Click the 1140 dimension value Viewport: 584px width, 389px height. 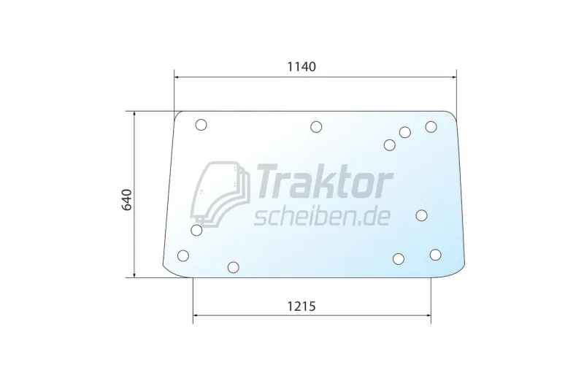[x=300, y=66]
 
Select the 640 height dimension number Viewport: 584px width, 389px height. [x=128, y=199]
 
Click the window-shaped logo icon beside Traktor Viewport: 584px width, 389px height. [x=220, y=191]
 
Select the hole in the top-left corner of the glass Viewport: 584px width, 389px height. [x=201, y=125]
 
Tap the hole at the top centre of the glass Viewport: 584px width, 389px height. [x=316, y=127]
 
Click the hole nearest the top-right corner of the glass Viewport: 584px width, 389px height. [x=431, y=127]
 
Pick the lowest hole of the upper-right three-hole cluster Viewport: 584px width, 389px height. [x=390, y=145]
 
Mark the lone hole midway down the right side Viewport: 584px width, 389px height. [x=421, y=215]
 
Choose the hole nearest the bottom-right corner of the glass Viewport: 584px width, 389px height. [x=436, y=254]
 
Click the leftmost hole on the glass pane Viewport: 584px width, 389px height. [x=183, y=255]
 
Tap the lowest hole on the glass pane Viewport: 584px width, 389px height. [x=233, y=267]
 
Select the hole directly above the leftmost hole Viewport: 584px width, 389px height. [x=196, y=231]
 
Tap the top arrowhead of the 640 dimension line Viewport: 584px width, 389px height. [x=134, y=113]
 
